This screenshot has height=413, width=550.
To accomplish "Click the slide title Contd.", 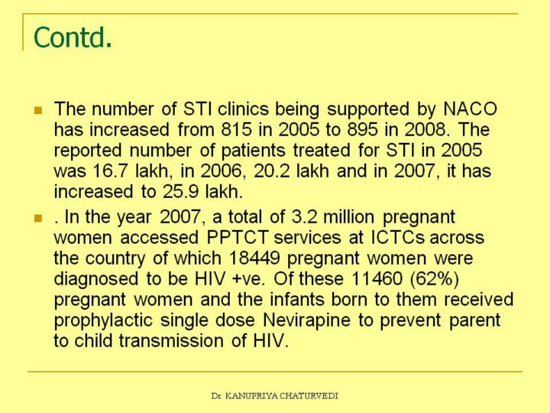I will (73, 37).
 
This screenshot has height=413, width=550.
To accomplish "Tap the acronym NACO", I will (470, 109).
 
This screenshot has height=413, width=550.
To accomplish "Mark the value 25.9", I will (175, 190).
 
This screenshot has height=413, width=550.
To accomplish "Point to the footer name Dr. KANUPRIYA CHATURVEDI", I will (274, 395).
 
